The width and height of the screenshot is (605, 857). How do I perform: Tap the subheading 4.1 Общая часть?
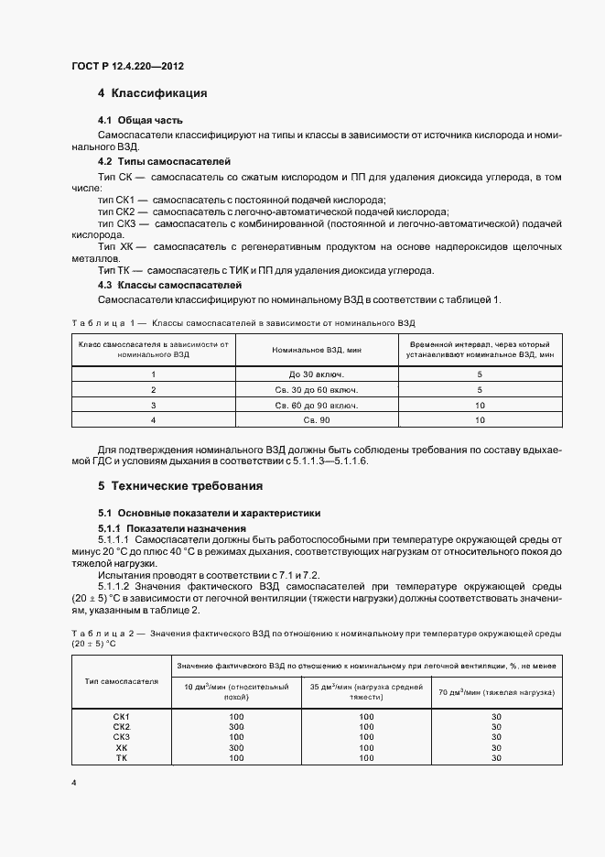pos(140,120)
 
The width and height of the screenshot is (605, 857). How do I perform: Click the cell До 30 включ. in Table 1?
pos(315,374)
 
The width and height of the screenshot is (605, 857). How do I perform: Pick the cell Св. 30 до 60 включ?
pos(315,389)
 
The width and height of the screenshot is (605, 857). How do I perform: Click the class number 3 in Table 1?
pos(154,404)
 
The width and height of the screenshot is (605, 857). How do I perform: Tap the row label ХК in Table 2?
pos(122,747)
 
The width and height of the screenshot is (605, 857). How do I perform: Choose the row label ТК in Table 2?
pos(122,758)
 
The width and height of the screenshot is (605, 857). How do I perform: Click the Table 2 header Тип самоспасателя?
pos(122,681)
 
